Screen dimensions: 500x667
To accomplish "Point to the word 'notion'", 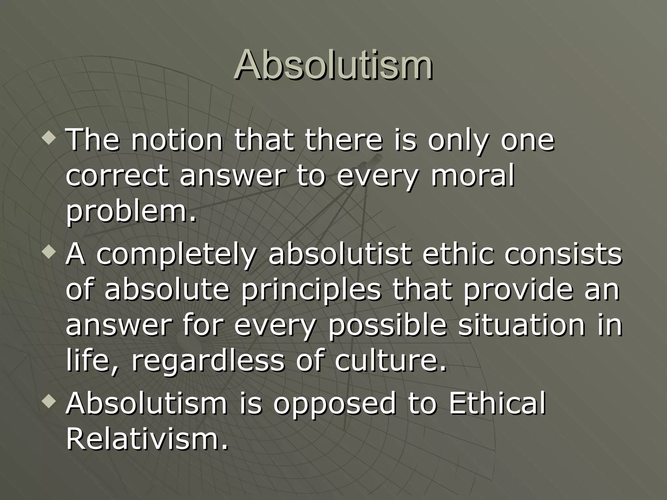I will click(x=177, y=141).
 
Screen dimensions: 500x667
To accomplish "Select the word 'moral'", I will click(x=473, y=176).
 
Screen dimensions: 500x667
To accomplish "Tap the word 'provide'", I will click(x=518, y=291).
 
